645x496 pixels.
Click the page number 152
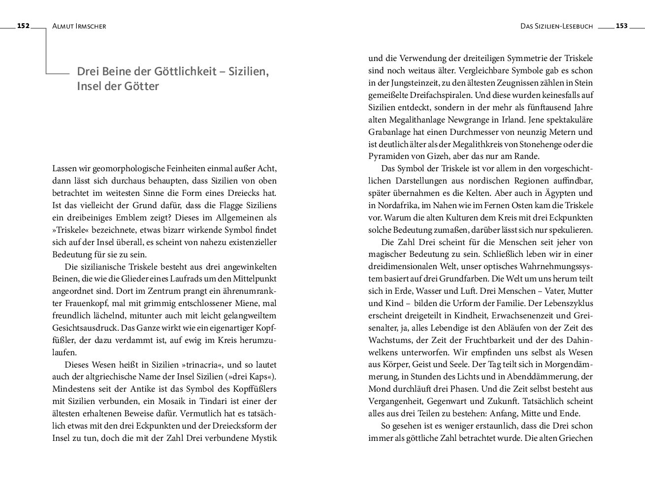[x=24, y=26]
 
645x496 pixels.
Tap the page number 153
[x=621, y=26]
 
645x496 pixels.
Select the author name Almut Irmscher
[x=79, y=27]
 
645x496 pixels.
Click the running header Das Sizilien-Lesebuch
[x=557, y=27]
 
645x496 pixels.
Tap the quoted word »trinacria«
[x=205, y=365]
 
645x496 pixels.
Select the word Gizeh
[x=432, y=156]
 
